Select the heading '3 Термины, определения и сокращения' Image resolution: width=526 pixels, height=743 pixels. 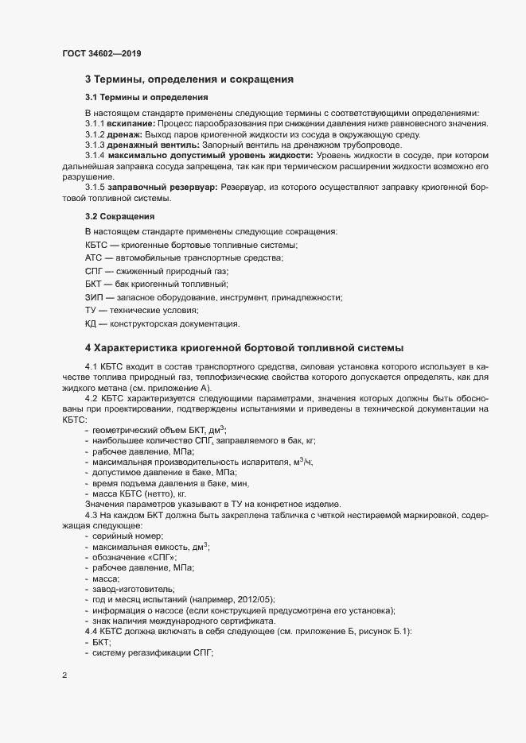pos(189,79)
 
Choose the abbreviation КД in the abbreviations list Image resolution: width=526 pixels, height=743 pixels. pos(92,323)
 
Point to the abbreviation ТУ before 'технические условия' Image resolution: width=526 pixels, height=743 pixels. pos(91,310)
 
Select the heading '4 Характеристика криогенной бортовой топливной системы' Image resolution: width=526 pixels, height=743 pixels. pos(243,348)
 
